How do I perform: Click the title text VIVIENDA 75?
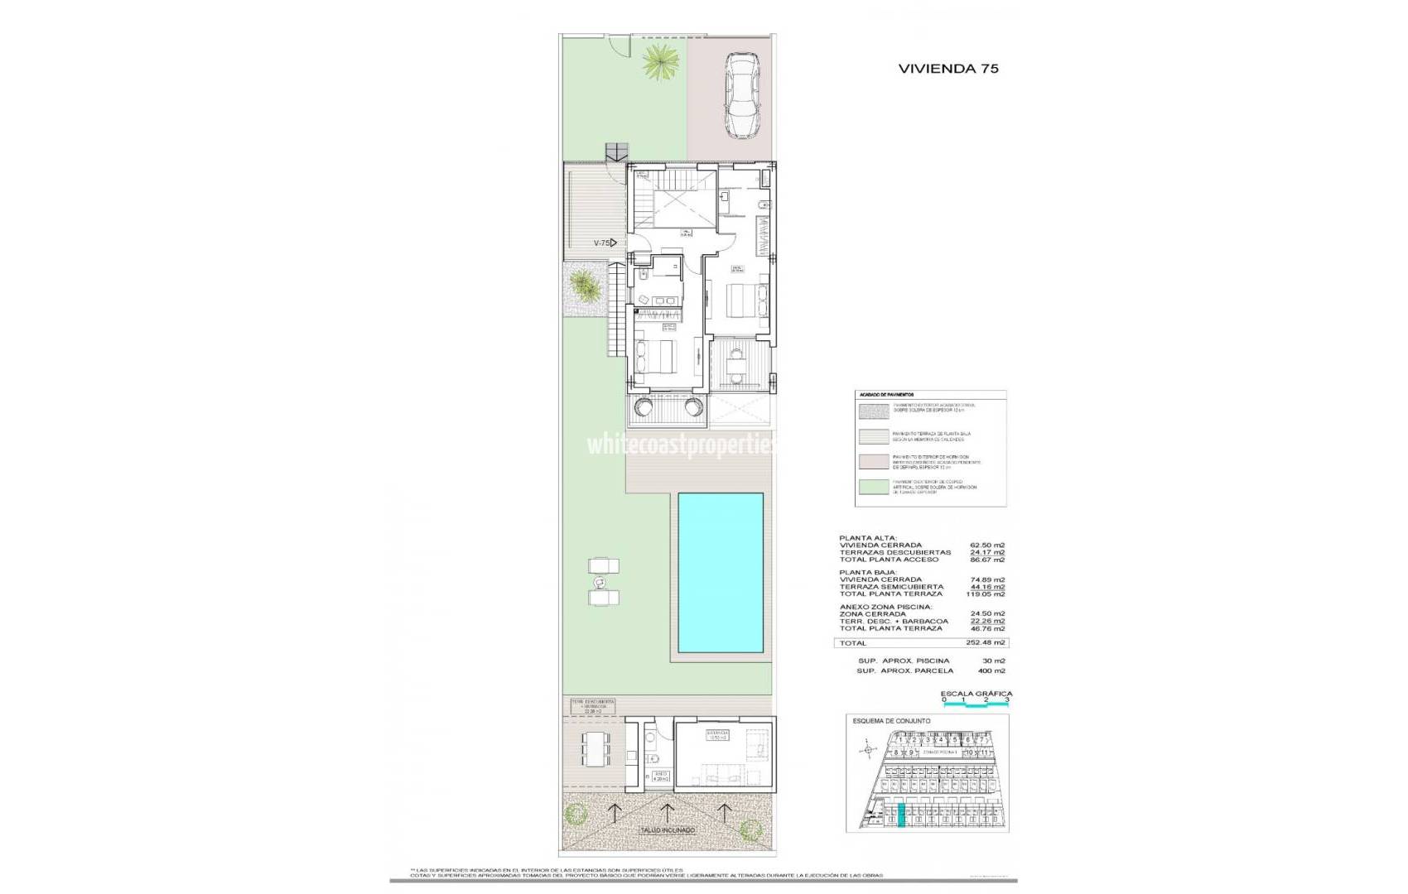tap(948, 69)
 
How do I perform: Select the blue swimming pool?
tap(720, 572)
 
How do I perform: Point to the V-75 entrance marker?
tap(605, 243)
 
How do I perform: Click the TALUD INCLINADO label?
tap(667, 829)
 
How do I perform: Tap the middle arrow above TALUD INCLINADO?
tap(668, 810)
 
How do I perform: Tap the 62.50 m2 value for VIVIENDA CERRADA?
tap(987, 546)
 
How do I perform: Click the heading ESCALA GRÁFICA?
tap(976, 694)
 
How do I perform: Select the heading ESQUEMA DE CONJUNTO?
tap(891, 721)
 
